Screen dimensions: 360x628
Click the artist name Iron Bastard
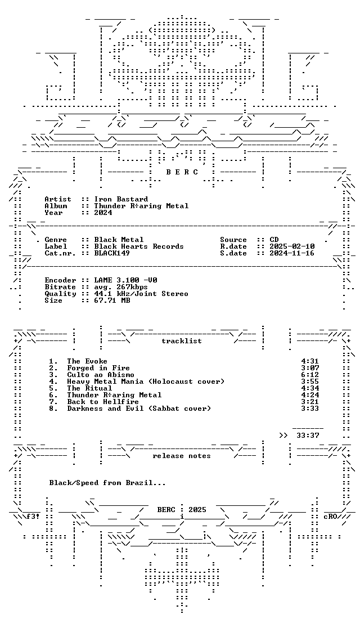coord(121,199)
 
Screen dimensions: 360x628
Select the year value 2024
coord(103,213)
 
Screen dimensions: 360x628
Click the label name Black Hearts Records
coord(139,246)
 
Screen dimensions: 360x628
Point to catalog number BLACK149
coord(112,253)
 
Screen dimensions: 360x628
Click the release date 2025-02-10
coord(292,246)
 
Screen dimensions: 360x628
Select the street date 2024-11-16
coord(292,253)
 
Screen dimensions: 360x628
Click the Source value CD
coord(274,240)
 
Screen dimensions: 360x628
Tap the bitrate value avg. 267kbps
coord(121,287)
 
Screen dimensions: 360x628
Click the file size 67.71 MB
coord(112,300)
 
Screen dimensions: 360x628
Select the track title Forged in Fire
coord(98,367)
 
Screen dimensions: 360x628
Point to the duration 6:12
coord(310,374)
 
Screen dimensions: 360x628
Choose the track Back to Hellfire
coord(103,401)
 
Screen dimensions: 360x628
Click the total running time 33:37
coord(308,435)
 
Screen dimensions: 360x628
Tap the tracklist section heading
coord(182,341)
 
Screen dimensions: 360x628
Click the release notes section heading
coord(182,455)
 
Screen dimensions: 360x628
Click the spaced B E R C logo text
coord(182,172)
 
